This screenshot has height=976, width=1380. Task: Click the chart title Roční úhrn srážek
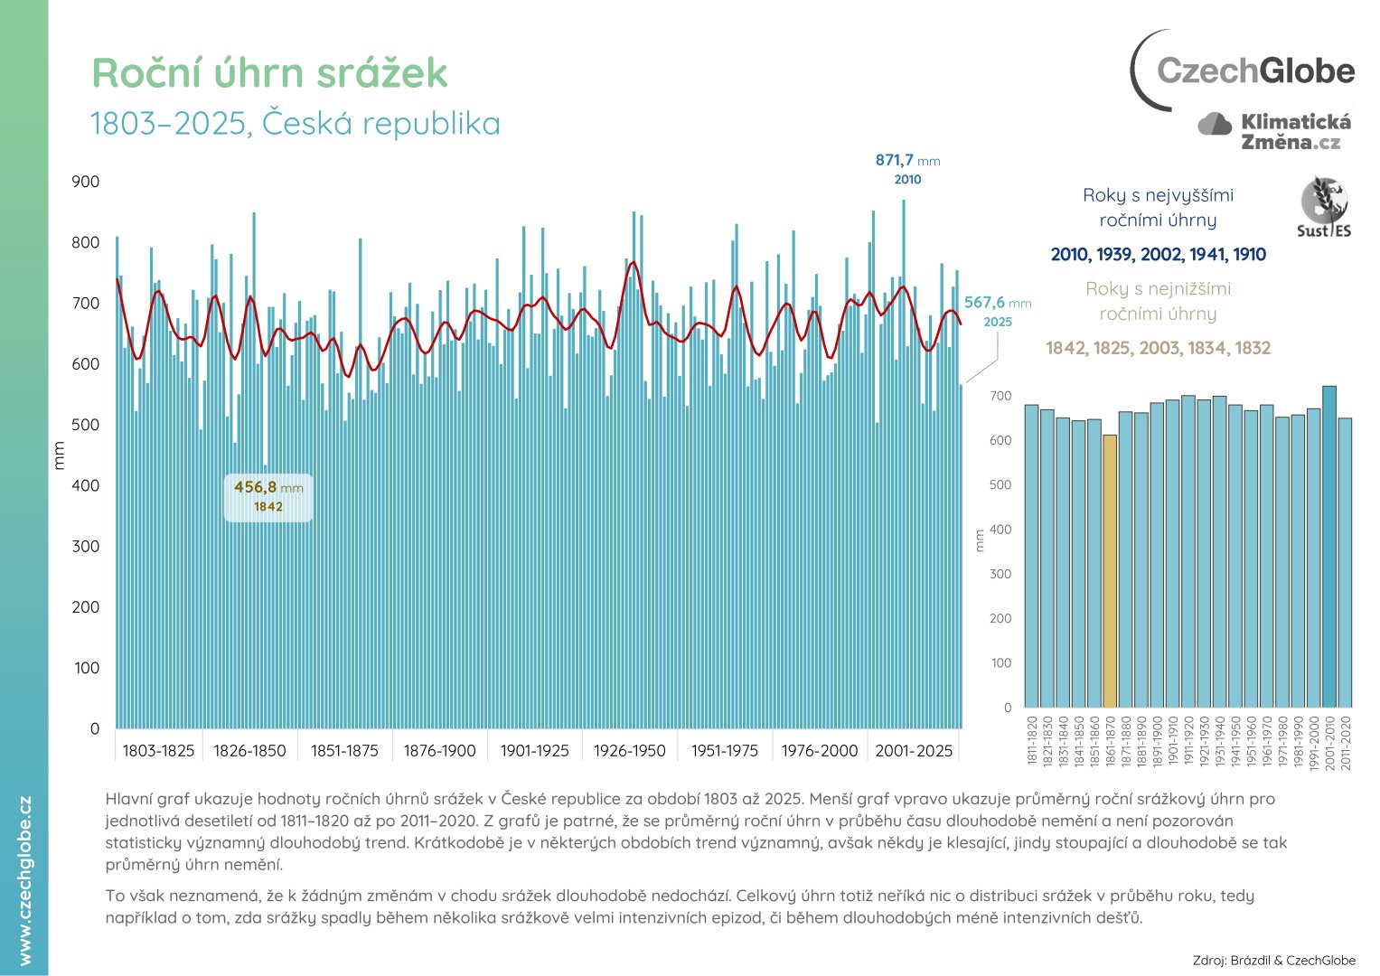[x=269, y=73]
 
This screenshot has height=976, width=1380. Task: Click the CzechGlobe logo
[x=1244, y=70]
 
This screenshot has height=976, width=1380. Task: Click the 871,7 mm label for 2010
[x=907, y=168]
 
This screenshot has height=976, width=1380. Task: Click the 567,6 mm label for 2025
[x=997, y=311]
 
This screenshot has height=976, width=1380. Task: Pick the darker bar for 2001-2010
[x=1329, y=547]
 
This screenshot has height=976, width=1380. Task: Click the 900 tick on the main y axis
[x=86, y=182]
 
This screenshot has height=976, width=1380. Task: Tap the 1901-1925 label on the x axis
[x=535, y=751]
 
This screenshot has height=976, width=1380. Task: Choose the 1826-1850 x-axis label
[x=249, y=751]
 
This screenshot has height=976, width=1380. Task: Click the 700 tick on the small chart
[x=1000, y=396]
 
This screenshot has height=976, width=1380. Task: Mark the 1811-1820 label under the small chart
[x=1032, y=742]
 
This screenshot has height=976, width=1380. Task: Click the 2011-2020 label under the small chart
[x=1346, y=742]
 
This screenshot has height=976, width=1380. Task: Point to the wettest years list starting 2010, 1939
[x=1158, y=255]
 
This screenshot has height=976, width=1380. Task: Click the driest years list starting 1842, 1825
[x=1158, y=348]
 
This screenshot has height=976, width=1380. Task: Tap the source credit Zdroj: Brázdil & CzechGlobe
[x=1273, y=961]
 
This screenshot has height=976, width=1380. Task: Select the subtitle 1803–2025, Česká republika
[x=295, y=124]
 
